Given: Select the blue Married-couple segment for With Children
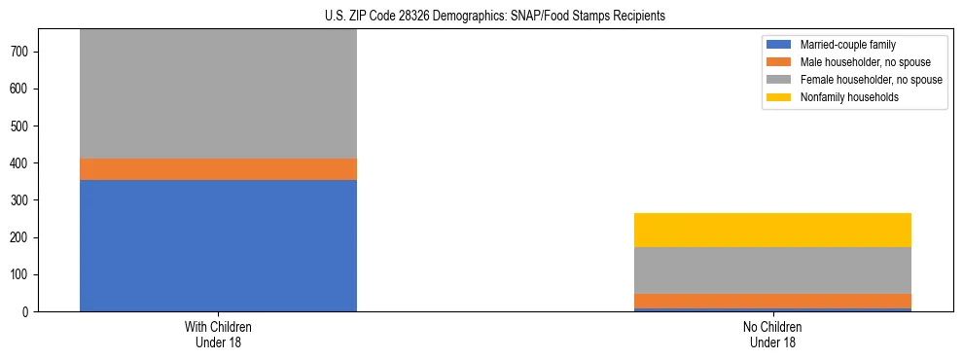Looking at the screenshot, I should pos(218,245).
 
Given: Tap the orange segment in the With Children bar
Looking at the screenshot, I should pos(218,169).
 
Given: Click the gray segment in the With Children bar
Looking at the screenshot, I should pos(218,93).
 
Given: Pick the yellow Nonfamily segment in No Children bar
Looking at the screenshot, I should pos(772,230).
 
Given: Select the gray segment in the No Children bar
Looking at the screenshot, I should pos(772,270).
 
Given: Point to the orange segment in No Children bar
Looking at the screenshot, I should pos(772,302).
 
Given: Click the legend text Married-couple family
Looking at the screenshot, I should pos(847,45).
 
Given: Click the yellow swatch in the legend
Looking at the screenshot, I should pos(779,97).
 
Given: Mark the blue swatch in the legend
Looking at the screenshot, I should pos(779,45).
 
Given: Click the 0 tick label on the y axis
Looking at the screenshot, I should pos(29,312).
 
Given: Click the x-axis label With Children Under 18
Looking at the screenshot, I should pos(218,335).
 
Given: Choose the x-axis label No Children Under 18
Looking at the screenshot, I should pos(772,335).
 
